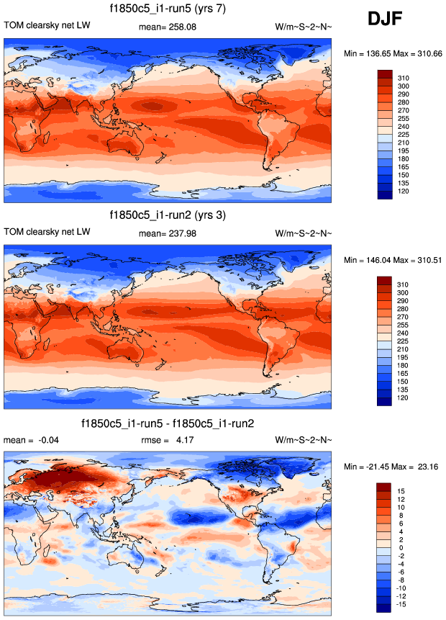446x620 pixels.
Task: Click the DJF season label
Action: pyautogui.click(x=390, y=19)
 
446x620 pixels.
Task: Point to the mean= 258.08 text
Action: pyautogui.click(x=167, y=27)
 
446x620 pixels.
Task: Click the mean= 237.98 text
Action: pyautogui.click(x=167, y=233)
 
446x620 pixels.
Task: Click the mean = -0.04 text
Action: pyautogui.click(x=29, y=439)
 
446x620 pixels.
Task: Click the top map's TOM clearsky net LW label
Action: pyautogui.click(x=47, y=27)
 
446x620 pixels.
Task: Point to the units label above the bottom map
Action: pyautogui.click(x=304, y=439)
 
